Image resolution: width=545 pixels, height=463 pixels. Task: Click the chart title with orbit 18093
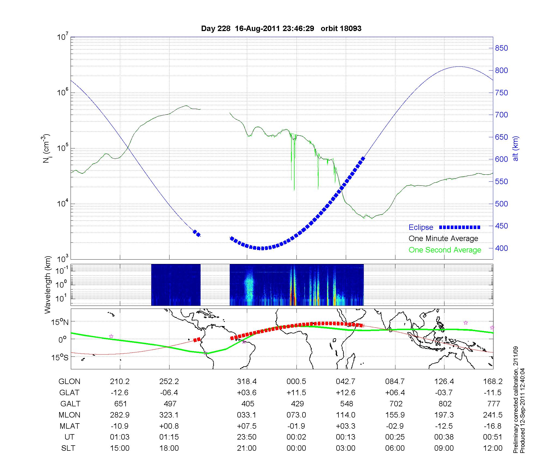click(x=281, y=29)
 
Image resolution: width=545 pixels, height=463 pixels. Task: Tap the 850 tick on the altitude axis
click(x=501, y=48)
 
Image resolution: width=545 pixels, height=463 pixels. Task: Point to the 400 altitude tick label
click(x=501, y=248)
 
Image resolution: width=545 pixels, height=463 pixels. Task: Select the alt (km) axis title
click(x=516, y=148)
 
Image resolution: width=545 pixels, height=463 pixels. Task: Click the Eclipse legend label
click(x=421, y=227)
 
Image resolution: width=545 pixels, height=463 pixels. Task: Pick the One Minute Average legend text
click(x=443, y=239)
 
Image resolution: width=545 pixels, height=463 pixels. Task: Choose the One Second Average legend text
click(x=445, y=250)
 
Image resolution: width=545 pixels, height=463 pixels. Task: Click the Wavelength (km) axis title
click(x=47, y=285)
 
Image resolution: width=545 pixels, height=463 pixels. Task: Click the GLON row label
click(x=69, y=382)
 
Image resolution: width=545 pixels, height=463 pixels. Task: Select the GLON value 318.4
click(x=247, y=382)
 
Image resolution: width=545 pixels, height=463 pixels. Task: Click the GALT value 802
click(x=445, y=404)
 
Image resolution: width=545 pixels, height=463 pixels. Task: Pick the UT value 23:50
click(x=247, y=437)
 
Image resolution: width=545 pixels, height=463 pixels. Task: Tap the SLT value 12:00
click(x=493, y=448)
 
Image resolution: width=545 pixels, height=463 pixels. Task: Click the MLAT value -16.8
click(x=493, y=426)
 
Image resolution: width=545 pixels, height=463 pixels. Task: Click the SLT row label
click(x=68, y=448)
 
